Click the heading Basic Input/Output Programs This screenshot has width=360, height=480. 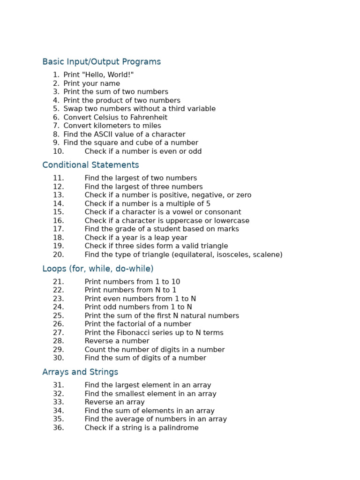pos(101,62)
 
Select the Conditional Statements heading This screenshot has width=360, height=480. pos(90,165)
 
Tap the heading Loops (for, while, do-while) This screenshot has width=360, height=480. pos(97,269)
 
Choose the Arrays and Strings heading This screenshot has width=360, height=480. pos(80,372)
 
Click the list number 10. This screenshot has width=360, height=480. pos(58,151)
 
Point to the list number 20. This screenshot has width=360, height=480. pos(58,255)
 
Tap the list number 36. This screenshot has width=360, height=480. pos(58,428)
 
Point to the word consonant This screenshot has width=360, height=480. pos(223,212)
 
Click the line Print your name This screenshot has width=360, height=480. pos(91,83)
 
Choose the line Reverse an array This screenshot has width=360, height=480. pos(114,402)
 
